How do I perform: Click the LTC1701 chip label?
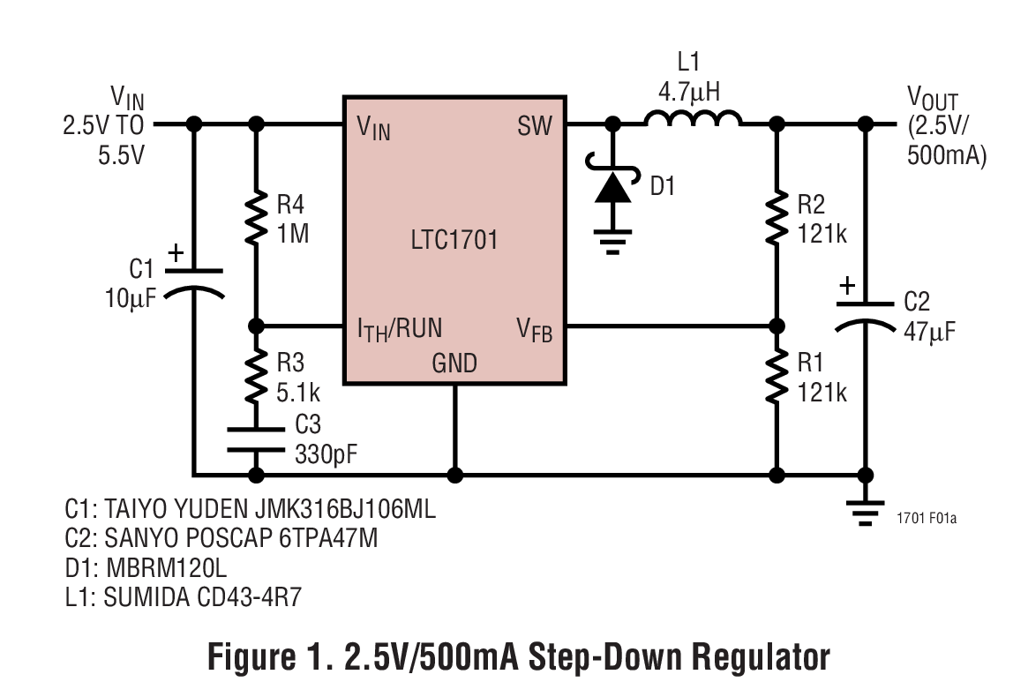tap(454, 240)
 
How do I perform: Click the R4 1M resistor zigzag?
tap(256, 216)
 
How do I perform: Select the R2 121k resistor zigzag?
tap(777, 216)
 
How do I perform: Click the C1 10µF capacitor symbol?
tap(193, 281)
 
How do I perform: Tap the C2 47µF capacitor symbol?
tap(865, 313)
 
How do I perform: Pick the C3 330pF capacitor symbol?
tap(256, 438)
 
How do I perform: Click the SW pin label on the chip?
tap(535, 127)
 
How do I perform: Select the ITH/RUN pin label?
tap(399, 330)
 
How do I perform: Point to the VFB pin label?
tap(536, 330)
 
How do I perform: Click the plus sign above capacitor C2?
tap(846, 286)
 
